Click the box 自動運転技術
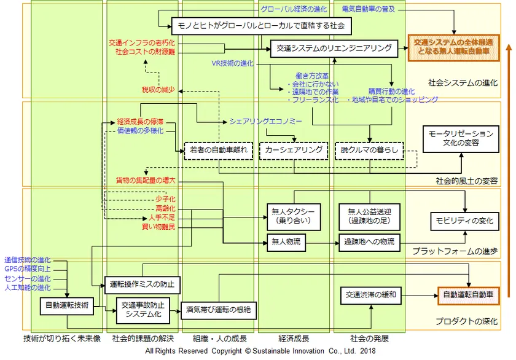pyautogui.click(x=67, y=305)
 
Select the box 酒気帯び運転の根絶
pyautogui.click(x=219, y=310)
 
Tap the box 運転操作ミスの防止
pyautogui.click(x=142, y=284)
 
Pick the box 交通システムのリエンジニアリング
pyautogui.click(x=330, y=49)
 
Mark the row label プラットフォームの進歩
pyautogui.click(x=455, y=251)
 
